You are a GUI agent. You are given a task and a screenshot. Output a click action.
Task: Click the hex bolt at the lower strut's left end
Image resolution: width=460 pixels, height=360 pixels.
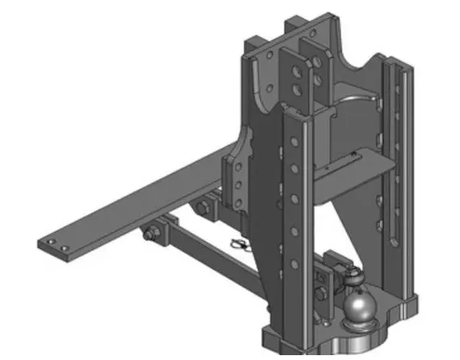[150, 235]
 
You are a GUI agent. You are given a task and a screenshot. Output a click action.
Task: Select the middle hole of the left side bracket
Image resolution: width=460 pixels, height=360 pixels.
[239, 185]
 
